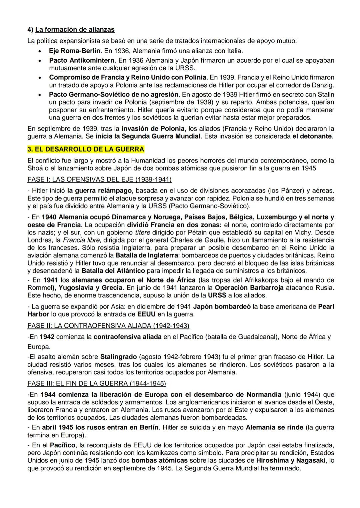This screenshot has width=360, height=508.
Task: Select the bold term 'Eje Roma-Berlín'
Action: click(74, 51)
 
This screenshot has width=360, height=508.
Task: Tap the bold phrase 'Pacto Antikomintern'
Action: click(82, 61)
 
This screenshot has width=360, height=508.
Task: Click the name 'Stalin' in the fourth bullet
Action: click(324, 95)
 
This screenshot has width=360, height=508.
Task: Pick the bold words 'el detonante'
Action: click(312, 136)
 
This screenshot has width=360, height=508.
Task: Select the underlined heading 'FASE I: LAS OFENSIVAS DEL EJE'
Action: click(99, 180)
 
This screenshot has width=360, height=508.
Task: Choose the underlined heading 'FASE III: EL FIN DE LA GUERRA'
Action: click(97, 383)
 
